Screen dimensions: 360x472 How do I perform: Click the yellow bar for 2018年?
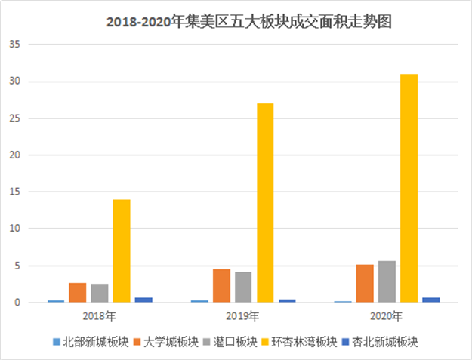pyautogui.click(x=122, y=251)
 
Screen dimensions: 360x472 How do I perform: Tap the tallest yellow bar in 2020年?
pyautogui.click(x=409, y=189)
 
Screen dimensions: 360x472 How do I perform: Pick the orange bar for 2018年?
pyautogui.click(x=78, y=293)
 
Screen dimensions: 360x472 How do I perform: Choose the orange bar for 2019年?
pyautogui.click(x=221, y=286)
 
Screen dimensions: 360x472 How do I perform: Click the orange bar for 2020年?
pyautogui.click(x=365, y=284)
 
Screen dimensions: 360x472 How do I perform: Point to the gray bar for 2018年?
pyautogui.click(x=100, y=294)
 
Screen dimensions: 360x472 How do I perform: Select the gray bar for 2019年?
pyautogui.click(x=243, y=288)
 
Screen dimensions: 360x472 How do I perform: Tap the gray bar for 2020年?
pyautogui.click(x=387, y=282)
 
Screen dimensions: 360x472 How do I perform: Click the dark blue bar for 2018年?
pyautogui.click(x=143, y=300)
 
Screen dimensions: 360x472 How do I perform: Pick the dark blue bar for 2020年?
pyautogui.click(x=430, y=300)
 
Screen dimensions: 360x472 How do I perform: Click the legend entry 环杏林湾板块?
pyautogui.click(x=301, y=341)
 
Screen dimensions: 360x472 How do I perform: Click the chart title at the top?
pyautogui.click(x=249, y=23)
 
